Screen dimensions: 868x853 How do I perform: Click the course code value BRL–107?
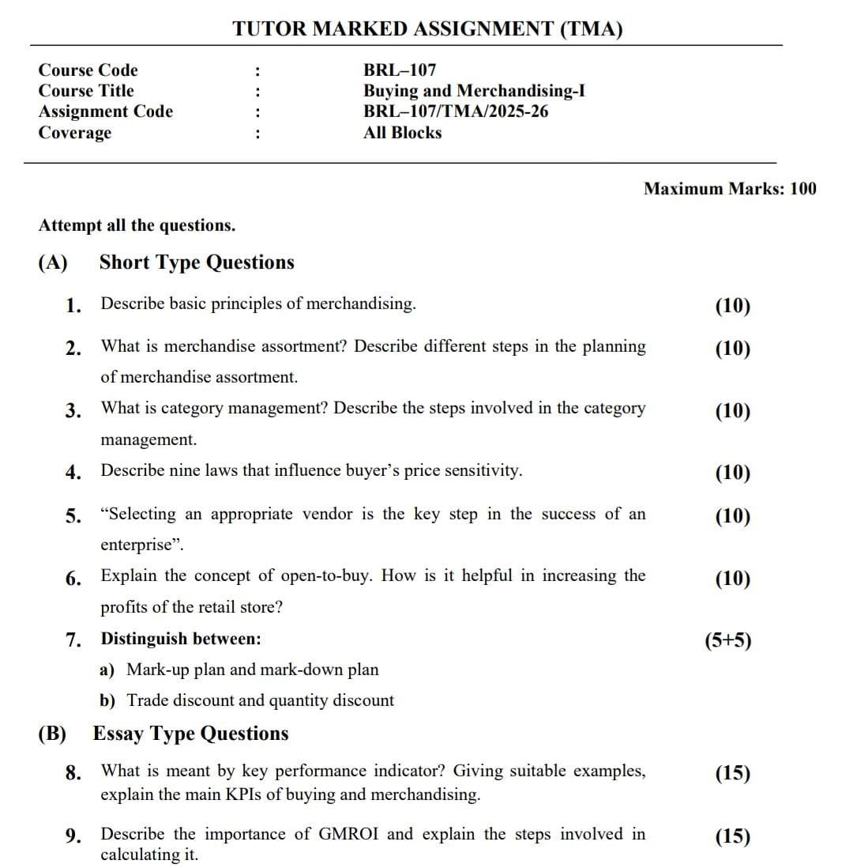coord(399,70)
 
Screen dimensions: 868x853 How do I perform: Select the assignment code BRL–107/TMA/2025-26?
coord(456,111)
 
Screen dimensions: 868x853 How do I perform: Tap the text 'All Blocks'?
coord(402,133)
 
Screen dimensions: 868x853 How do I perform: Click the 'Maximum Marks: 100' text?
coord(730,189)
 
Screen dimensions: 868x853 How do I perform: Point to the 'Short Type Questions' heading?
coord(197,262)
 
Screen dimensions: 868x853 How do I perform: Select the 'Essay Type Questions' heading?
coord(191,734)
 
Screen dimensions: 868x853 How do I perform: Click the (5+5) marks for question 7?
coord(727,640)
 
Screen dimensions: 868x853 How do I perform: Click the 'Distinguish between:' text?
coord(181,639)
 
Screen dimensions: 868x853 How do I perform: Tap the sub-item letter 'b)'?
coord(107,700)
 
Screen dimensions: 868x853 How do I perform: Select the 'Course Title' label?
coord(86,91)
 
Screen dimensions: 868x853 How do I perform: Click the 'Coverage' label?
coord(75,133)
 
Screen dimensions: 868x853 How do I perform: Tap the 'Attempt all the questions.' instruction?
coord(137,225)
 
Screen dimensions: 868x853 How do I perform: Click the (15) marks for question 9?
coord(732,836)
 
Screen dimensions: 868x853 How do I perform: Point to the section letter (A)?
coord(53,262)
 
